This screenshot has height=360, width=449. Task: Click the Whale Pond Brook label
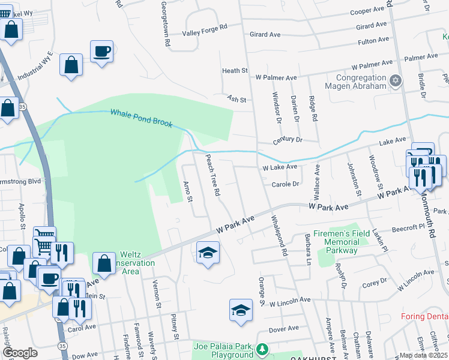140,118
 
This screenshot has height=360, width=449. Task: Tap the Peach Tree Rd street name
212,176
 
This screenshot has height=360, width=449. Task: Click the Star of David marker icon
395,80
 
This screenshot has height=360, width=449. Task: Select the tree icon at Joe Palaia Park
261,349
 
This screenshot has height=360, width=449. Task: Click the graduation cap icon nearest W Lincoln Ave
241,310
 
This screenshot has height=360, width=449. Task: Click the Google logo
20,353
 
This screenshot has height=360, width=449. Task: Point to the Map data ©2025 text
423,355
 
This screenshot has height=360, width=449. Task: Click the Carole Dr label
285,185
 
